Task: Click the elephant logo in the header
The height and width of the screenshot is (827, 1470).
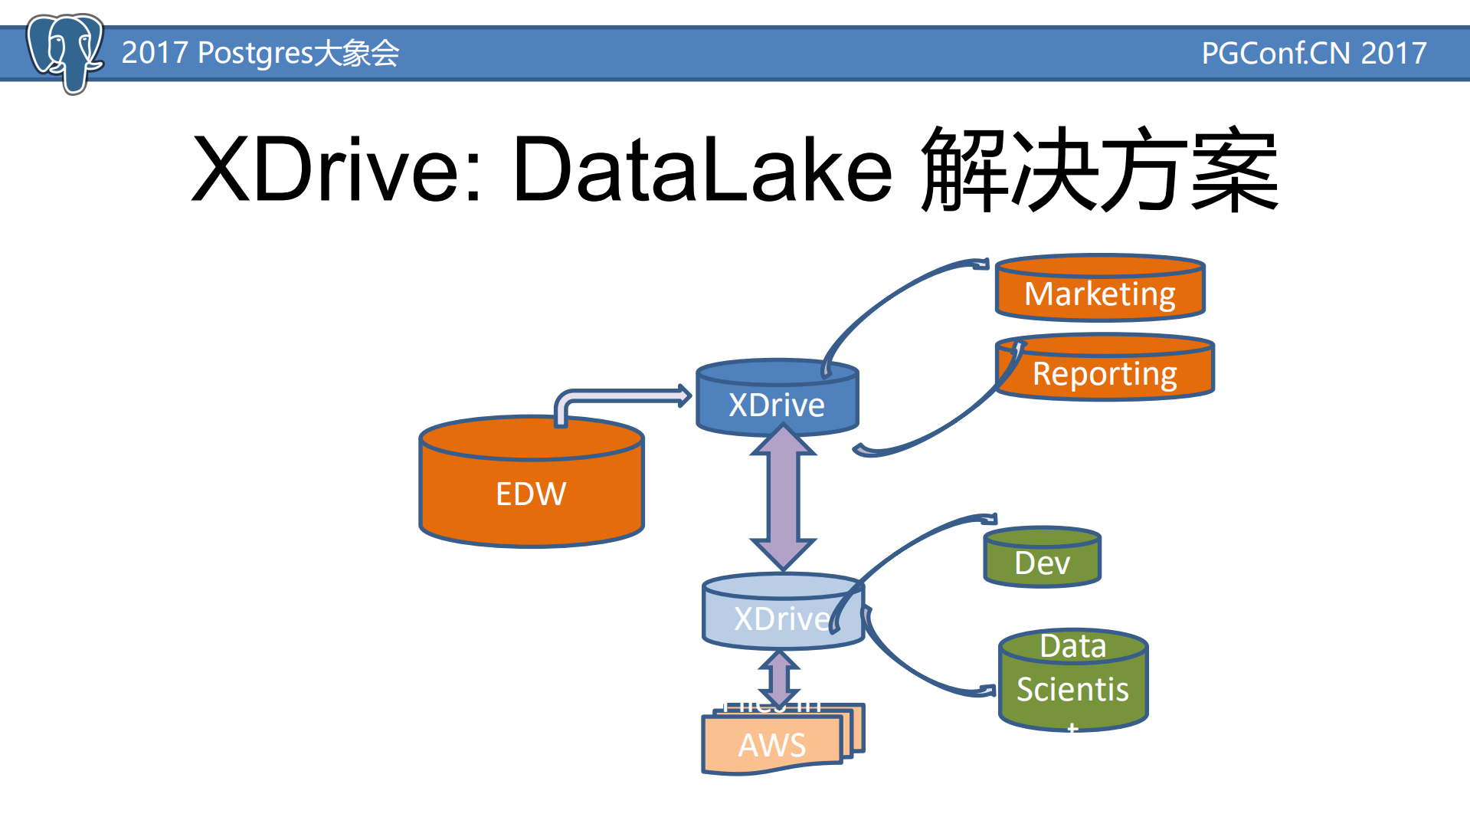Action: click(64, 52)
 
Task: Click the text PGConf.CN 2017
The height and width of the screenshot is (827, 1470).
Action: click(1313, 53)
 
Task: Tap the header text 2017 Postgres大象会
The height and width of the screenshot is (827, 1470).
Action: click(260, 53)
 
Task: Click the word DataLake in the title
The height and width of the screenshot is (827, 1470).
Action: click(702, 169)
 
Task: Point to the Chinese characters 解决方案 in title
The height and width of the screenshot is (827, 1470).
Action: click(1100, 169)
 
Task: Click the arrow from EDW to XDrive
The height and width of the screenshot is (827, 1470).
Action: click(620, 396)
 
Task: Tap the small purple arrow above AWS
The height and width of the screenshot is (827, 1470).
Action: click(779, 678)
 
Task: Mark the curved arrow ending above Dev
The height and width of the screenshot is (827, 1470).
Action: click(919, 540)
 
